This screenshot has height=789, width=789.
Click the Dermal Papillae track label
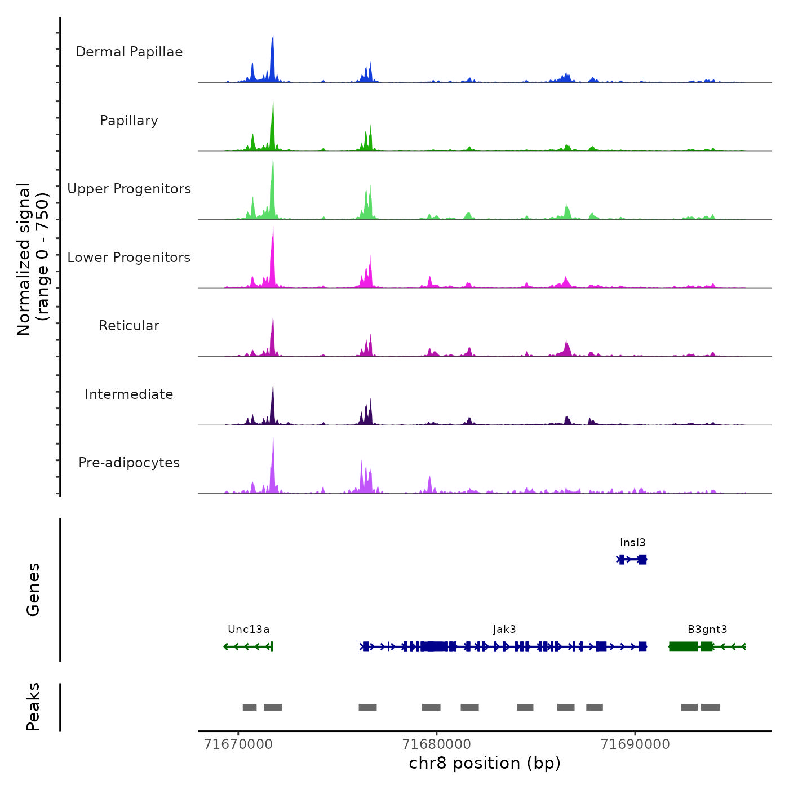(129, 52)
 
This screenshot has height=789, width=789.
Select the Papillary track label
(129, 121)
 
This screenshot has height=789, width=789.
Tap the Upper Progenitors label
(129, 189)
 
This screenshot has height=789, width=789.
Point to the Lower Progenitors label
(129, 258)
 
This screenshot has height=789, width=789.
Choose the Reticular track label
(129, 326)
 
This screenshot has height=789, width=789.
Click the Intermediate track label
(129, 394)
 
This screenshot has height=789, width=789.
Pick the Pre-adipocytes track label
(129, 463)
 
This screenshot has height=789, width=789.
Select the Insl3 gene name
(632, 543)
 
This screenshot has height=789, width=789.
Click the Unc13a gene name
(249, 630)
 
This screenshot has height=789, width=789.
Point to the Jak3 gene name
(504, 630)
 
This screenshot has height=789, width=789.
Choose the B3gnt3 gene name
(707, 630)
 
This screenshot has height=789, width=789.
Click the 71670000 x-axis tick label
(238, 744)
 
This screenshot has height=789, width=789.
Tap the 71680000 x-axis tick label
(437, 744)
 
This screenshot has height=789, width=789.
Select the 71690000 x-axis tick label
(635, 744)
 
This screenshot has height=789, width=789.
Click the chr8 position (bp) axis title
(485, 763)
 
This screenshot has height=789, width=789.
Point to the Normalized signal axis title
(33, 259)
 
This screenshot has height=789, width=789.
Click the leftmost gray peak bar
(250, 707)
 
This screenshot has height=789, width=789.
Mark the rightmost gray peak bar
(710, 707)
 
